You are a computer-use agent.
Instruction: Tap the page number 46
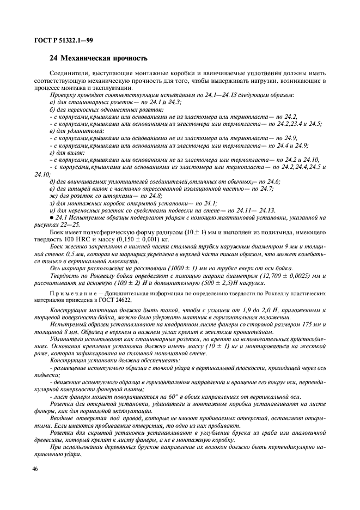[36, 469]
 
